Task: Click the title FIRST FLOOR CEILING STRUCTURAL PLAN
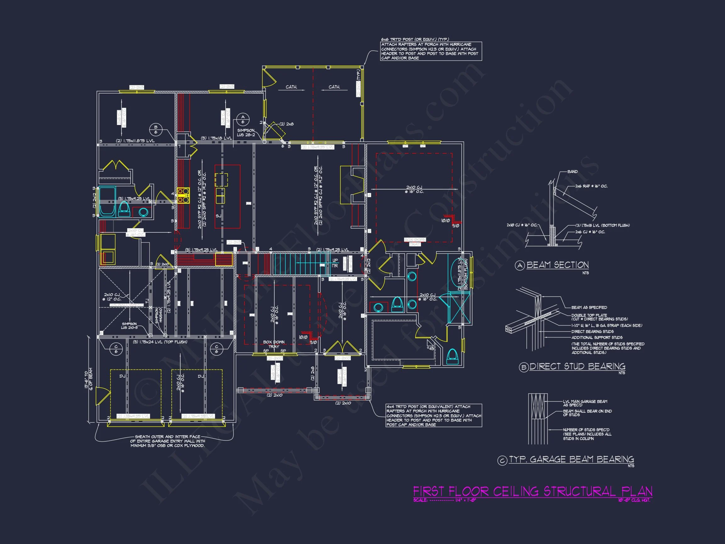532,491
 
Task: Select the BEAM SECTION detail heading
557,265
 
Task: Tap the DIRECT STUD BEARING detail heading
577,366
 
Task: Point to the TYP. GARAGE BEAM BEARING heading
571,459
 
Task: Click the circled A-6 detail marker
243,119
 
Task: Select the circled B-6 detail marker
156,130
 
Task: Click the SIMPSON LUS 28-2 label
246,133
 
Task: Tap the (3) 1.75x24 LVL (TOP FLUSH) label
160,342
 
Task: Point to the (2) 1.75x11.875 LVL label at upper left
135,141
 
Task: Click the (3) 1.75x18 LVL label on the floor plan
216,138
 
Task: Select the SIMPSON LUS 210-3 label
129,326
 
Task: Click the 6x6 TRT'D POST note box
431,51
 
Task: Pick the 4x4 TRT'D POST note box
434,416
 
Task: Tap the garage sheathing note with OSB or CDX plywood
167,441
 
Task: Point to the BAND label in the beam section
572,172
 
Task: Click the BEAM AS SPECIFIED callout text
589,307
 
